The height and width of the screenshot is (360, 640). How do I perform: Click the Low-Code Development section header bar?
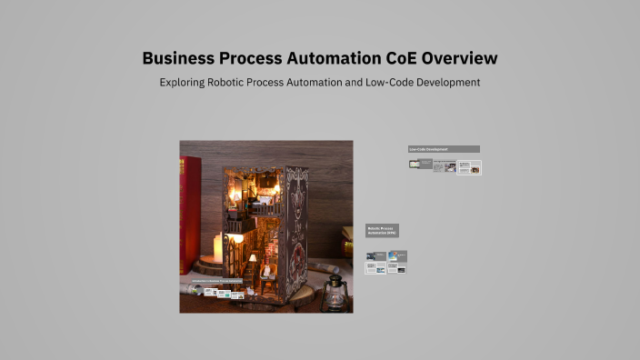pyautogui.click(x=443, y=149)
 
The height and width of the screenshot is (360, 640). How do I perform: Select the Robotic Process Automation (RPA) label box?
pyautogui.click(x=382, y=231)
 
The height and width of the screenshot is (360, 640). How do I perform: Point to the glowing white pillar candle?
pyautogui.click(x=217, y=245)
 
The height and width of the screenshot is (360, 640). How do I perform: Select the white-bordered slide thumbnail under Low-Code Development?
pyautogui.click(x=469, y=167)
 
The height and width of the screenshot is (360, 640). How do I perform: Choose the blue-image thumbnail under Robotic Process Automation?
pyautogui.click(x=397, y=256)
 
